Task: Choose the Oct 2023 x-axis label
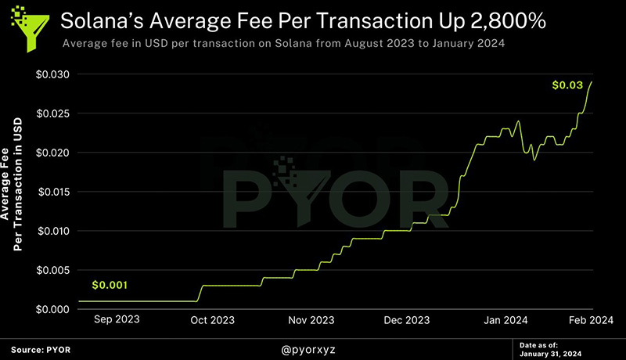pos(213,320)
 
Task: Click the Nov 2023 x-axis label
pos(311,320)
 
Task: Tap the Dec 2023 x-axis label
pos(408,320)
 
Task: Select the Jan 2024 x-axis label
pos(505,320)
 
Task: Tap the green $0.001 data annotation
pos(109,285)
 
